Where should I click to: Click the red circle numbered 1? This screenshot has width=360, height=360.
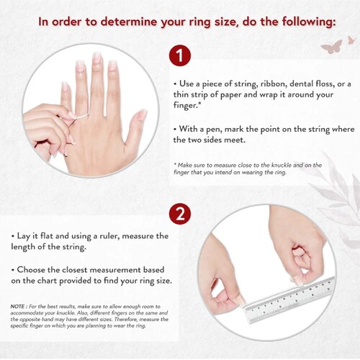(180, 55)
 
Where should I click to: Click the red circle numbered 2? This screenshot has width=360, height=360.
(180, 214)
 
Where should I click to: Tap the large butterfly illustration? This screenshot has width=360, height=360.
(332, 47)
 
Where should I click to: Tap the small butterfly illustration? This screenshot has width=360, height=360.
(352, 40)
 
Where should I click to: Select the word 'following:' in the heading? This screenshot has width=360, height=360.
(309, 22)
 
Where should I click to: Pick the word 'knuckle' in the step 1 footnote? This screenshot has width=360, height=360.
(282, 165)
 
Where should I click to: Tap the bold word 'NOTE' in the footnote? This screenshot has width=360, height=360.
(17, 307)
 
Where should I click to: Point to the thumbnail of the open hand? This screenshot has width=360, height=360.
(141, 114)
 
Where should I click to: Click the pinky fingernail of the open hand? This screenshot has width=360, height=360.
(65, 86)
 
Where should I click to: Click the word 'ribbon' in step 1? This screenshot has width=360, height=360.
(273, 84)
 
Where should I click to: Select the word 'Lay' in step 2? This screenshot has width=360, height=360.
(23, 236)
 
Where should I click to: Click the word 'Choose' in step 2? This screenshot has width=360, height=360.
(30, 270)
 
